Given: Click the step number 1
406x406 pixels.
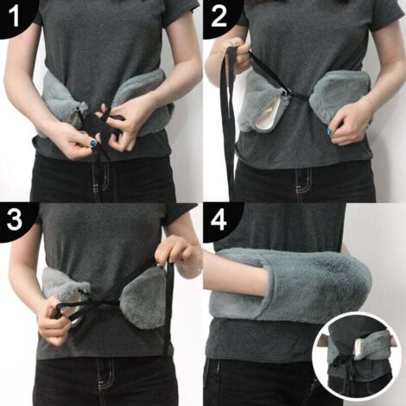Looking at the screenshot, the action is (x=14, y=16).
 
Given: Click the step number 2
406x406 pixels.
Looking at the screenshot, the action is (x=219, y=16).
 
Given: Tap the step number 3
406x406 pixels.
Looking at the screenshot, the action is (x=15, y=220).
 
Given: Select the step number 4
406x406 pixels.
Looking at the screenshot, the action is (x=219, y=220).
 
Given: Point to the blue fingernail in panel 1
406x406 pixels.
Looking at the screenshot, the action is (x=93, y=143).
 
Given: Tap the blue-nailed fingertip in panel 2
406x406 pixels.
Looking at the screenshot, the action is (x=329, y=132).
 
